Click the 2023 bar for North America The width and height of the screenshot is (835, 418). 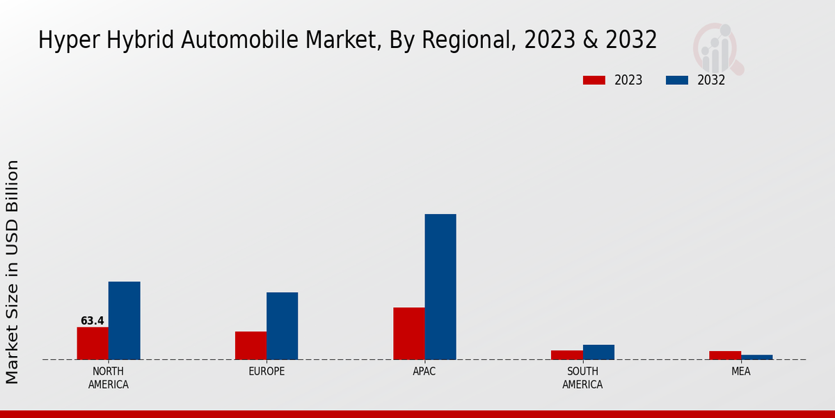pyautogui.click(x=93, y=343)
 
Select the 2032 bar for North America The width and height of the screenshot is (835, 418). pyautogui.click(x=124, y=320)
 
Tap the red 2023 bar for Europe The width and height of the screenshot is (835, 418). pyautogui.click(x=250, y=346)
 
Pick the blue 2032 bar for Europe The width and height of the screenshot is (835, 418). pyautogui.click(x=282, y=326)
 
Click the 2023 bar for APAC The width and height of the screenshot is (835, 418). pyautogui.click(x=408, y=334)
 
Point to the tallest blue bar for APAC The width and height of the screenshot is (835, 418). pyautogui.click(x=440, y=287)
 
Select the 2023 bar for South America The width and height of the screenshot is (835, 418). pyautogui.click(x=566, y=355)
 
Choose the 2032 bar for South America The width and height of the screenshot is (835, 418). pyautogui.click(x=598, y=353)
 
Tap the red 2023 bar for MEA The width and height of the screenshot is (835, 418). pyautogui.click(x=724, y=355)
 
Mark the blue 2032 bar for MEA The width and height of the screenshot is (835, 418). pyautogui.click(x=756, y=357)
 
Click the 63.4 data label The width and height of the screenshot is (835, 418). pyautogui.click(x=92, y=321)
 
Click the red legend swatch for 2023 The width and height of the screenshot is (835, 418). pyautogui.click(x=594, y=80)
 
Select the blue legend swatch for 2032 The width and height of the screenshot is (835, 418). pyautogui.click(x=676, y=80)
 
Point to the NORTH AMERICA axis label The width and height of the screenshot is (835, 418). pyautogui.click(x=109, y=378)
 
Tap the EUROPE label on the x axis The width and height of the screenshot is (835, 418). pyautogui.click(x=267, y=372)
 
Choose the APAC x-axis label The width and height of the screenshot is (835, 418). pyautogui.click(x=424, y=372)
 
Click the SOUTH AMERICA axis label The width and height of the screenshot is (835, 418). pyautogui.click(x=582, y=378)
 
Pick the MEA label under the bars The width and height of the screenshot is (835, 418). pyautogui.click(x=740, y=372)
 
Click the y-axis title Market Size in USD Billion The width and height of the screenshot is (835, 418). pyautogui.click(x=13, y=272)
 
